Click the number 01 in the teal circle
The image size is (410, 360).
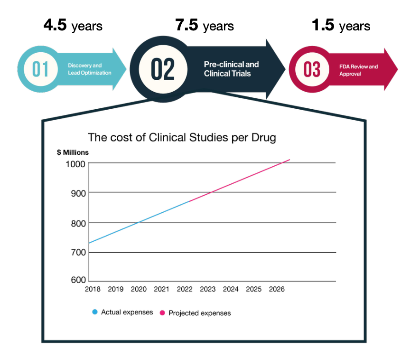click(x=40, y=69)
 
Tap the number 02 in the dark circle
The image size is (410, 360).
click(x=163, y=69)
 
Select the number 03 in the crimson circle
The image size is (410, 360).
click(x=312, y=69)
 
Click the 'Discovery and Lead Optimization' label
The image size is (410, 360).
click(x=89, y=69)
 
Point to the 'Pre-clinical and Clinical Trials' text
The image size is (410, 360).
click(x=232, y=69)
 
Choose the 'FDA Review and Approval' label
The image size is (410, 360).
click(x=358, y=70)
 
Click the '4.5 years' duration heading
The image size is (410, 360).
click(x=73, y=25)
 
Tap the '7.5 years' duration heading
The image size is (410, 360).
click(x=205, y=25)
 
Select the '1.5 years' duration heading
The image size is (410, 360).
click(x=341, y=25)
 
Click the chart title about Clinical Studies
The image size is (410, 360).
click(x=182, y=137)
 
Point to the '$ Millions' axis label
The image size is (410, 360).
click(x=73, y=152)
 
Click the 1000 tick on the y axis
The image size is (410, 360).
click(x=75, y=164)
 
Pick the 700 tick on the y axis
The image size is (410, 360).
click(x=78, y=253)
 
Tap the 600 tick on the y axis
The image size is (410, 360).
click(x=78, y=280)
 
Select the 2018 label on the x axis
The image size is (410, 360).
click(x=93, y=289)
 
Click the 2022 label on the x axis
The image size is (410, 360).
click(x=185, y=289)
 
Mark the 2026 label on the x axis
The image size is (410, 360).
click(x=277, y=289)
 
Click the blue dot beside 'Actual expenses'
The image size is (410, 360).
click(x=95, y=312)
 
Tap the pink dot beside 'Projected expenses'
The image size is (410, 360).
click(x=162, y=313)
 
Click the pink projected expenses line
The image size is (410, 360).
click(x=239, y=180)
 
